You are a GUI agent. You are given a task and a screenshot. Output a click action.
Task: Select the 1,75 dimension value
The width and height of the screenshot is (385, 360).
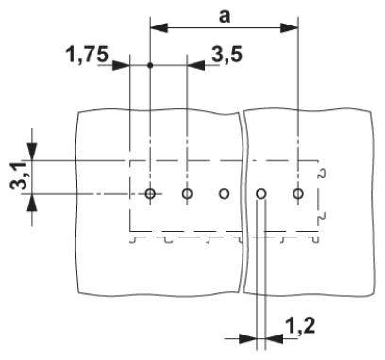pyautogui.click(x=86, y=54)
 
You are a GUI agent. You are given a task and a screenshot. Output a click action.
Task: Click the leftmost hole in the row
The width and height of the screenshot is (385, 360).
pyautogui.click(x=150, y=194)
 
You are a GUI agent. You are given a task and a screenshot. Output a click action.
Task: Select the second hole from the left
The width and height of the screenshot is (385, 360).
pyautogui.click(x=187, y=194)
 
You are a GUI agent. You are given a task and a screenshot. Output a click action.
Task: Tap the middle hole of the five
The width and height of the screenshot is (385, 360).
pyautogui.click(x=224, y=194)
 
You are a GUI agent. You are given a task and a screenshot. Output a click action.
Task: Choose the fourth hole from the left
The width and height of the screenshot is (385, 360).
pyautogui.click(x=261, y=194)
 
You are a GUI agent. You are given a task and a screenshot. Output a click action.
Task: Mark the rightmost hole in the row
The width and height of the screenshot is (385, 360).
pyautogui.click(x=298, y=194)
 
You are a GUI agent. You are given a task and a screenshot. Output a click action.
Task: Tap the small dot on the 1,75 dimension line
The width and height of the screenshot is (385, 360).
pyautogui.click(x=150, y=66)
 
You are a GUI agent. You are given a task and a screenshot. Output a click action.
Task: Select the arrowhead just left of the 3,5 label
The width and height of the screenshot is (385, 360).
pyautogui.click(x=195, y=66)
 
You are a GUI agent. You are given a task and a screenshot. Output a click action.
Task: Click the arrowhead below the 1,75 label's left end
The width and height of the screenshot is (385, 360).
pyautogui.click(x=121, y=66)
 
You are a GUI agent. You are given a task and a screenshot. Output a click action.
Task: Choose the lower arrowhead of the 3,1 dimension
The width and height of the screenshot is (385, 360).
pyautogui.click(x=34, y=204)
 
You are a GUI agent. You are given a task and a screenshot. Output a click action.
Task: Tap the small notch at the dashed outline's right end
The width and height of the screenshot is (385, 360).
pyautogui.click(x=324, y=175)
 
